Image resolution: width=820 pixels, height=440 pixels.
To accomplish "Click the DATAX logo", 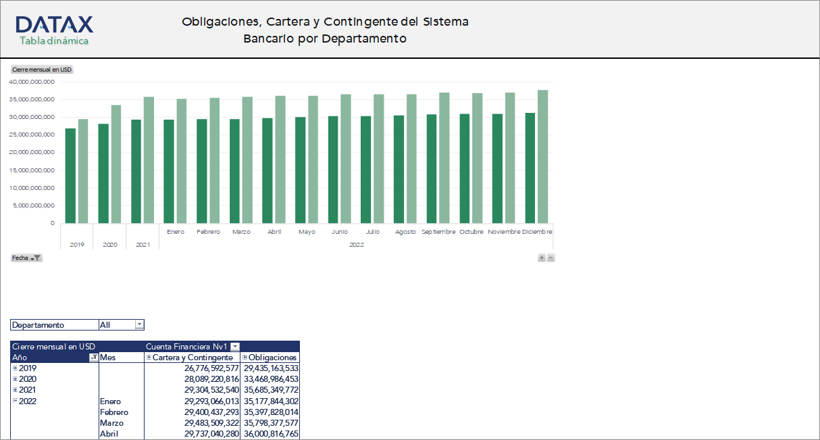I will [x=54, y=30].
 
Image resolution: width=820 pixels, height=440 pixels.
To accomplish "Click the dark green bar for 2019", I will [x=70, y=176].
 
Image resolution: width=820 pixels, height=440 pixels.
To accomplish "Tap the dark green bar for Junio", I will [x=333, y=170].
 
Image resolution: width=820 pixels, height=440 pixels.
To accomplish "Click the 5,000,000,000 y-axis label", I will [x=34, y=205].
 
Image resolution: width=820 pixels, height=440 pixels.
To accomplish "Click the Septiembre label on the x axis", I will [x=439, y=232].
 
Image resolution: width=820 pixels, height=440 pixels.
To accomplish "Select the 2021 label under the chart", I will [x=143, y=245].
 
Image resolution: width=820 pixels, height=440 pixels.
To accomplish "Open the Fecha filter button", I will [x=27, y=258].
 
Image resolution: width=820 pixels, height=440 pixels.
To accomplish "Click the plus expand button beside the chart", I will [x=542, y=258].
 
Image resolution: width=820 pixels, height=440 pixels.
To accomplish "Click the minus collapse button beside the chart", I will [x=551, y=258].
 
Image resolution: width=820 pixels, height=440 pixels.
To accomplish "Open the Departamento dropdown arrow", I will [x=139, y=325].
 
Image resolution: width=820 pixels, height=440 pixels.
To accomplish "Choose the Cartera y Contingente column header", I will [x=193, y=358].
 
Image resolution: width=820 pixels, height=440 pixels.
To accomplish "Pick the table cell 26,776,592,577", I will [x=211, y=368].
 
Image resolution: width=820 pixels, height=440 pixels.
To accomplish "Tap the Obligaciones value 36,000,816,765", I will [x=271, y=434].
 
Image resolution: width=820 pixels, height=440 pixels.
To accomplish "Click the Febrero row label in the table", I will [x=114, y=412].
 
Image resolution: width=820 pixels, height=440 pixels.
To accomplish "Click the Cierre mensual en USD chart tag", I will [x=42, y=70].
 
